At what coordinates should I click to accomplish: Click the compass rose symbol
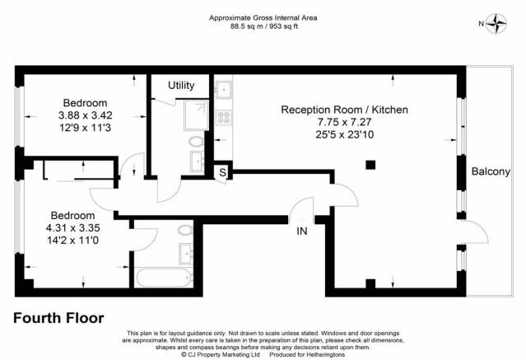[496, 24]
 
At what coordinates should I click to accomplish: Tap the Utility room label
[181, 86]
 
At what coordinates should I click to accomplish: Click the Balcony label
[491, 171]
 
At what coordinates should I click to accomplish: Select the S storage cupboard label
[222, 173]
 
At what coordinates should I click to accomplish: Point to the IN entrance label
[302, 231]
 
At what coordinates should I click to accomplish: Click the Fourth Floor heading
[58, 318]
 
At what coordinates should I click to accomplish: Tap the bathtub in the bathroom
[165, 278]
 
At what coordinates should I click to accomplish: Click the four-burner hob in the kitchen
[224, 118]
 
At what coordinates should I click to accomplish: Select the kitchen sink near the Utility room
[224, 90]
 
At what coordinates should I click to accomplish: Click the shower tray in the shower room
[197, 115]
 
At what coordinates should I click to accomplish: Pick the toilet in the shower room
[196, 142]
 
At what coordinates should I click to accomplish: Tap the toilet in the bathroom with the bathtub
[185, 230]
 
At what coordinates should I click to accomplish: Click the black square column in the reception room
[370, 165]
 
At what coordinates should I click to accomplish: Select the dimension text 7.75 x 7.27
[345, 122]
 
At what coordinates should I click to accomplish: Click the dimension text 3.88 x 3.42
[86, 115]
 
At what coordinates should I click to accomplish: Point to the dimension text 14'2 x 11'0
[72, 241]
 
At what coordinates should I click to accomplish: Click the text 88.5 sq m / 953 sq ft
[263, 26]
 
